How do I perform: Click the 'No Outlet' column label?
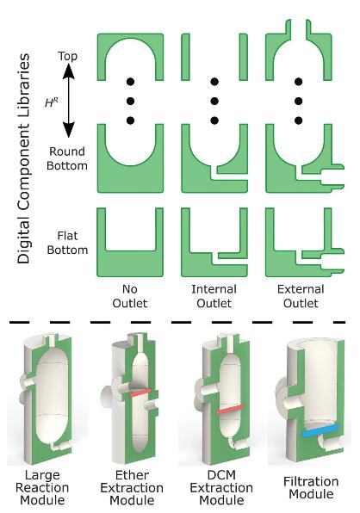click(130, 296)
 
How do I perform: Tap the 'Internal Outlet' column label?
click(214, 296)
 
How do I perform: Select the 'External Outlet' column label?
click(301, 296)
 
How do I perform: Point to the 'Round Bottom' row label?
click(67, 158)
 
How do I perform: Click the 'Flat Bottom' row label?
click(67, 243)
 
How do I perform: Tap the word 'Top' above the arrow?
click(68, 56)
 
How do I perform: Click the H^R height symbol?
click(52, 102)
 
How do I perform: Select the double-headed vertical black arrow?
click(68, 100)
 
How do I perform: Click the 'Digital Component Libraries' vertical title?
click(23, 158)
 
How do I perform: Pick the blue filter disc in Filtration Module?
click(320, 430)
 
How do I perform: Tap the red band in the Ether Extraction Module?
click(140, 392)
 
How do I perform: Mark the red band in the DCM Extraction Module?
click(231, 409)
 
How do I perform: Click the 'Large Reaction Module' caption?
click(42, 487)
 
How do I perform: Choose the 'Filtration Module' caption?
click(311, 487)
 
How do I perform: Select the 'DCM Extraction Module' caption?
click(221, 487)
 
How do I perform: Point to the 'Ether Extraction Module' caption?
click(132, 487)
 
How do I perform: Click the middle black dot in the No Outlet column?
click(130, 101)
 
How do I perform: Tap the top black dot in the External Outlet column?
click(298, 82)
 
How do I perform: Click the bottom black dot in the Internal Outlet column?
click(214, 121)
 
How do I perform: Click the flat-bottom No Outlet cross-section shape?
click(130, 263)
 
